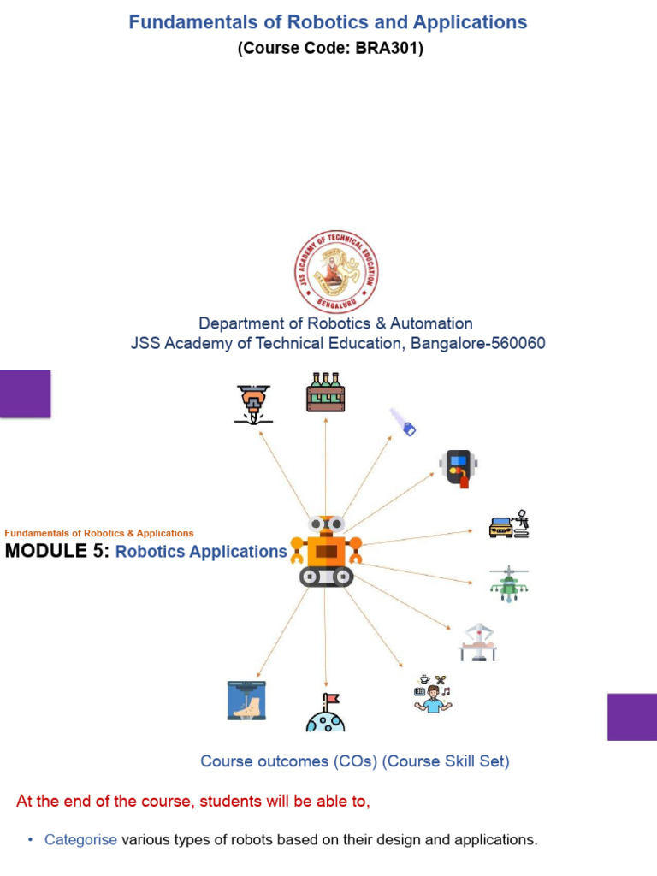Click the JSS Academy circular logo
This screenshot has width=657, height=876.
coord(336,272)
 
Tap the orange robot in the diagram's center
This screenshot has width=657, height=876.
coord(326,551)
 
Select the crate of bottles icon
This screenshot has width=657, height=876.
coord(325,393)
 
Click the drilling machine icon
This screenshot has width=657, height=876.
coord(253,404)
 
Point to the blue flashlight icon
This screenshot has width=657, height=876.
coord(403,422)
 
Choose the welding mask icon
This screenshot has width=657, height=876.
coord(457,466)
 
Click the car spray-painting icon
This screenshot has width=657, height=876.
coord(509,524)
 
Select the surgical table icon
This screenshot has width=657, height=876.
coord(476,642)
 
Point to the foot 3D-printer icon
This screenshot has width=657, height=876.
coord(246,700)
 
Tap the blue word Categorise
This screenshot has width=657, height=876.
coord(80,840)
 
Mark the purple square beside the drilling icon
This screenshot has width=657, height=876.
coord(26,394)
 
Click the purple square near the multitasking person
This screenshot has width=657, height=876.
coord(631,717)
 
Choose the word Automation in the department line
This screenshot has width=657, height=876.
coord(431,323)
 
